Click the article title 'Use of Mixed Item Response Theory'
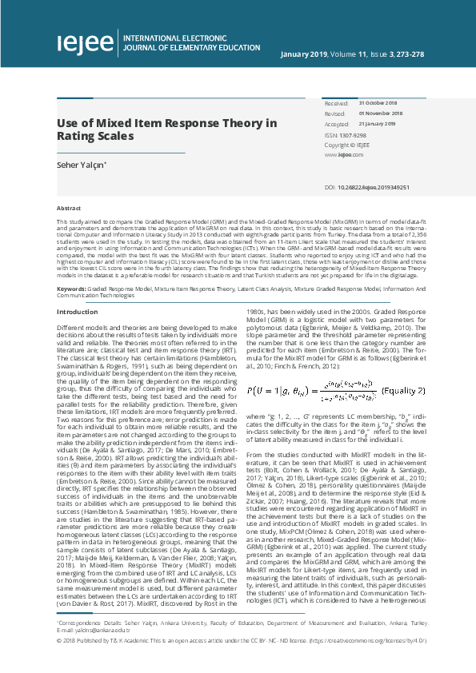[x=166, y=123]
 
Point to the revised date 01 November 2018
[x=381, y=114]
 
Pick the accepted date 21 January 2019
[x=378, y=125]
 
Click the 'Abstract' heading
[x=68, y=207]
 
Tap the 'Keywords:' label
[x=71, y=265]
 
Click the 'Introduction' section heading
[x=77, y=289]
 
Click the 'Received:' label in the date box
[x=336, y=104]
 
